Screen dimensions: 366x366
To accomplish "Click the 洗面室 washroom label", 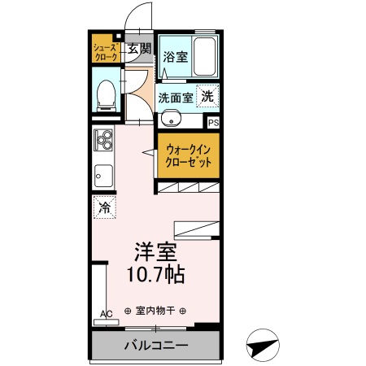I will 175,97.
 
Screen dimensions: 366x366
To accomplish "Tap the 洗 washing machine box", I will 209,95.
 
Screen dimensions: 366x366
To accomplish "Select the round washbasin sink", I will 171,121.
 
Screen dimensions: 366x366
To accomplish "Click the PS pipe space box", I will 214,123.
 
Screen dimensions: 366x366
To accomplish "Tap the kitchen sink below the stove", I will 104,174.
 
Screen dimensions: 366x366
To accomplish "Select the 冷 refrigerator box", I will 104,207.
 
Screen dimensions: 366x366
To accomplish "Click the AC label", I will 105,313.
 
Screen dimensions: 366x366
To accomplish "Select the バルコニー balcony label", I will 156,346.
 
